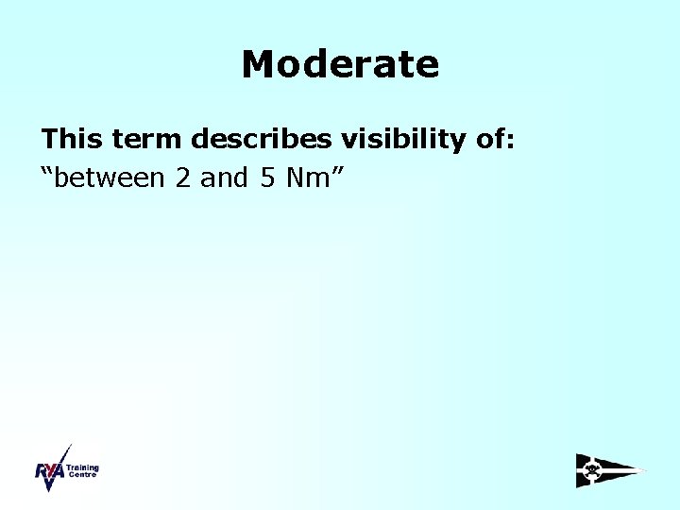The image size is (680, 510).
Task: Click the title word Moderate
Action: point(340,64)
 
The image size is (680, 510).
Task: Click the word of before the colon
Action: point(485,140)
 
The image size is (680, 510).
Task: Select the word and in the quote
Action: point(224,178)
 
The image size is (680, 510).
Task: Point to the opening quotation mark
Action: point(46,172)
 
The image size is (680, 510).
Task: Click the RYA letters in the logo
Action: point(49,472)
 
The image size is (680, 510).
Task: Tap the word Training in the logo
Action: point(83,467)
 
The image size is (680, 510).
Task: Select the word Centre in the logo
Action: point(81,475)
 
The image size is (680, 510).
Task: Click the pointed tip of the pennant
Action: point(646,469)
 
